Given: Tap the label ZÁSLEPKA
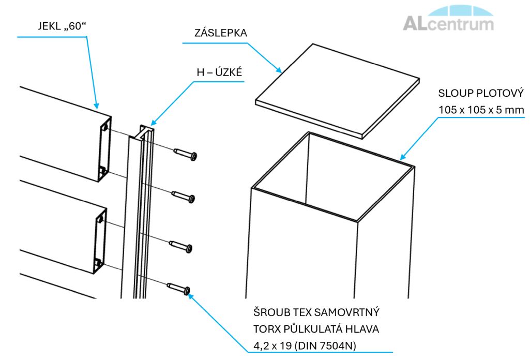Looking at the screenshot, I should pyautogui.click(x=214, y=33).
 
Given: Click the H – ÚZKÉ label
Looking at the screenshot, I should pyautogui.click(x=219, y=73).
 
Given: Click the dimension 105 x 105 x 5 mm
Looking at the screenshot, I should pyautogui.click(x=481, y=110).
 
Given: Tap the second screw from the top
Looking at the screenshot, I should pyautogui.click(x=185, y=197).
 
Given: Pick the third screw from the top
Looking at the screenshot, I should pyautogui.click(x=182, y=247).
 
